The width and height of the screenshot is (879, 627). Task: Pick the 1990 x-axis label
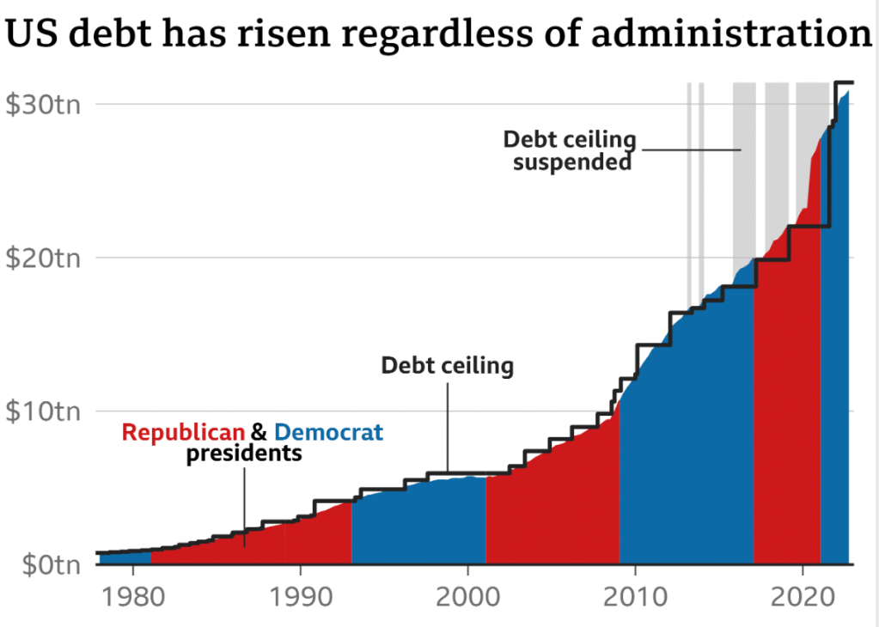pos(300,595)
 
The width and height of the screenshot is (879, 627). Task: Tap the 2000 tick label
pos(467,595)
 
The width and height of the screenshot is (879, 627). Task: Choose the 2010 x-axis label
pos(635,595)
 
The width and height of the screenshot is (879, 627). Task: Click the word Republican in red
pos(183,432)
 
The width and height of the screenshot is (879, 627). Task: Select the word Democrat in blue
pos(329,432)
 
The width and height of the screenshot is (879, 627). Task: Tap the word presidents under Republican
pos(244,453)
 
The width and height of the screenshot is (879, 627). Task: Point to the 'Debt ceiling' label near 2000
pos(447,367)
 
